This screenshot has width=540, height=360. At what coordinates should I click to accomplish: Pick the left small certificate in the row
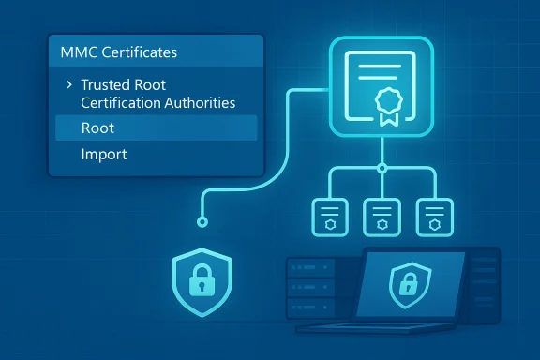(327, 217)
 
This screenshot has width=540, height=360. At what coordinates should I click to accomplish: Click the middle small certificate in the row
(382, 217)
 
